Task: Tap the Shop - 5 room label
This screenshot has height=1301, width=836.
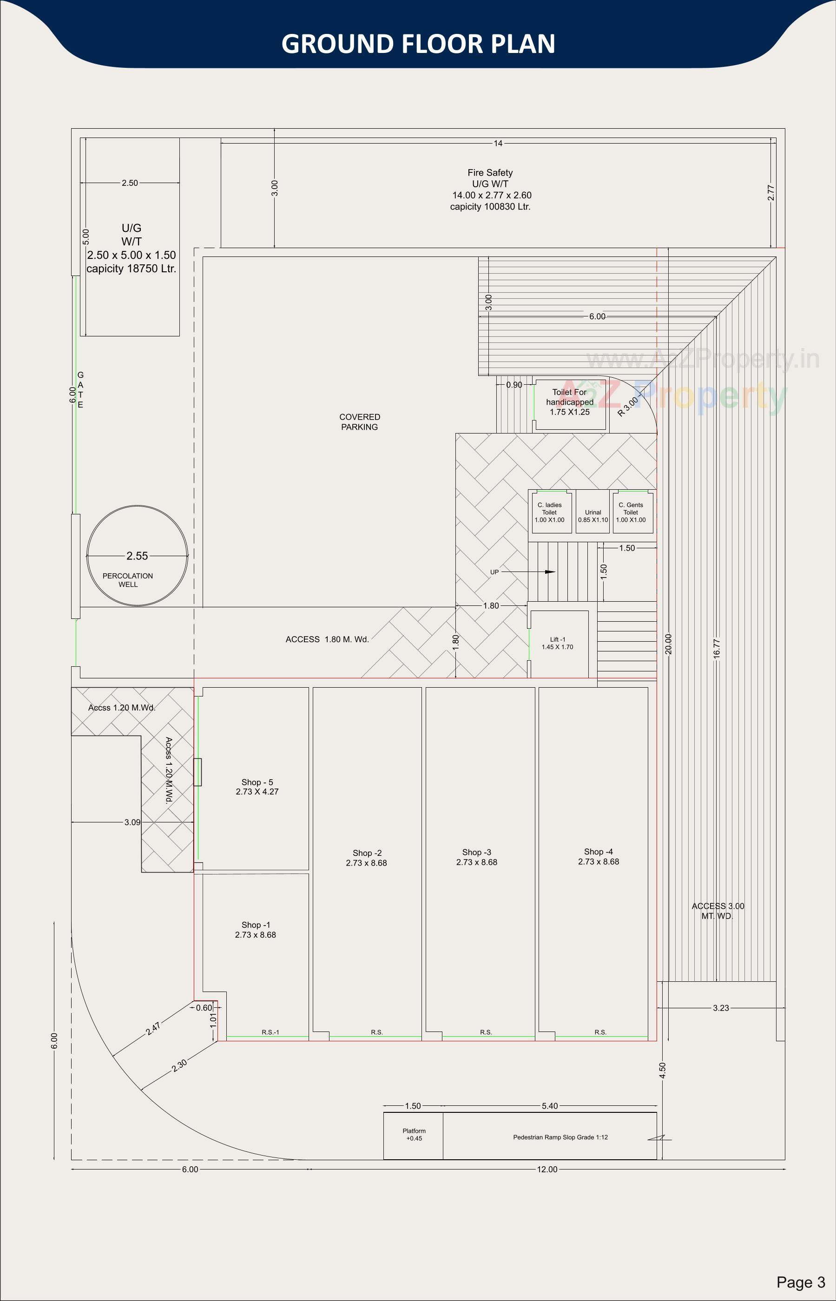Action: [257, 787]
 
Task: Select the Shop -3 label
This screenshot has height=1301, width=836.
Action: [477, 857]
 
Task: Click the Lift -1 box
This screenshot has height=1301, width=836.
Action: [558, 643]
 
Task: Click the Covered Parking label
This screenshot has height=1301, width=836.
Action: [359, 422]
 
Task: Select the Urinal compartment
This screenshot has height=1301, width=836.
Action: [593, 513]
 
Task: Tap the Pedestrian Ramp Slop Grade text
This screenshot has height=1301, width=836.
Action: [560, 1137]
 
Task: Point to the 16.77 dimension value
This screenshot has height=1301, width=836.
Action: [717, 649]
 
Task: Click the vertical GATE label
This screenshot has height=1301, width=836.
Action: [80, 390]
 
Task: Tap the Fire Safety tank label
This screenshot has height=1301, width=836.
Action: [490, 190]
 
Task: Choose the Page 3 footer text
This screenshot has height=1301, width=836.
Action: [800, 1282]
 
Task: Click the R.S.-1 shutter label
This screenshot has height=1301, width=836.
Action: [270, 1032]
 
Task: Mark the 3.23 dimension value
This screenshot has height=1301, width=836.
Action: [720, 1008]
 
